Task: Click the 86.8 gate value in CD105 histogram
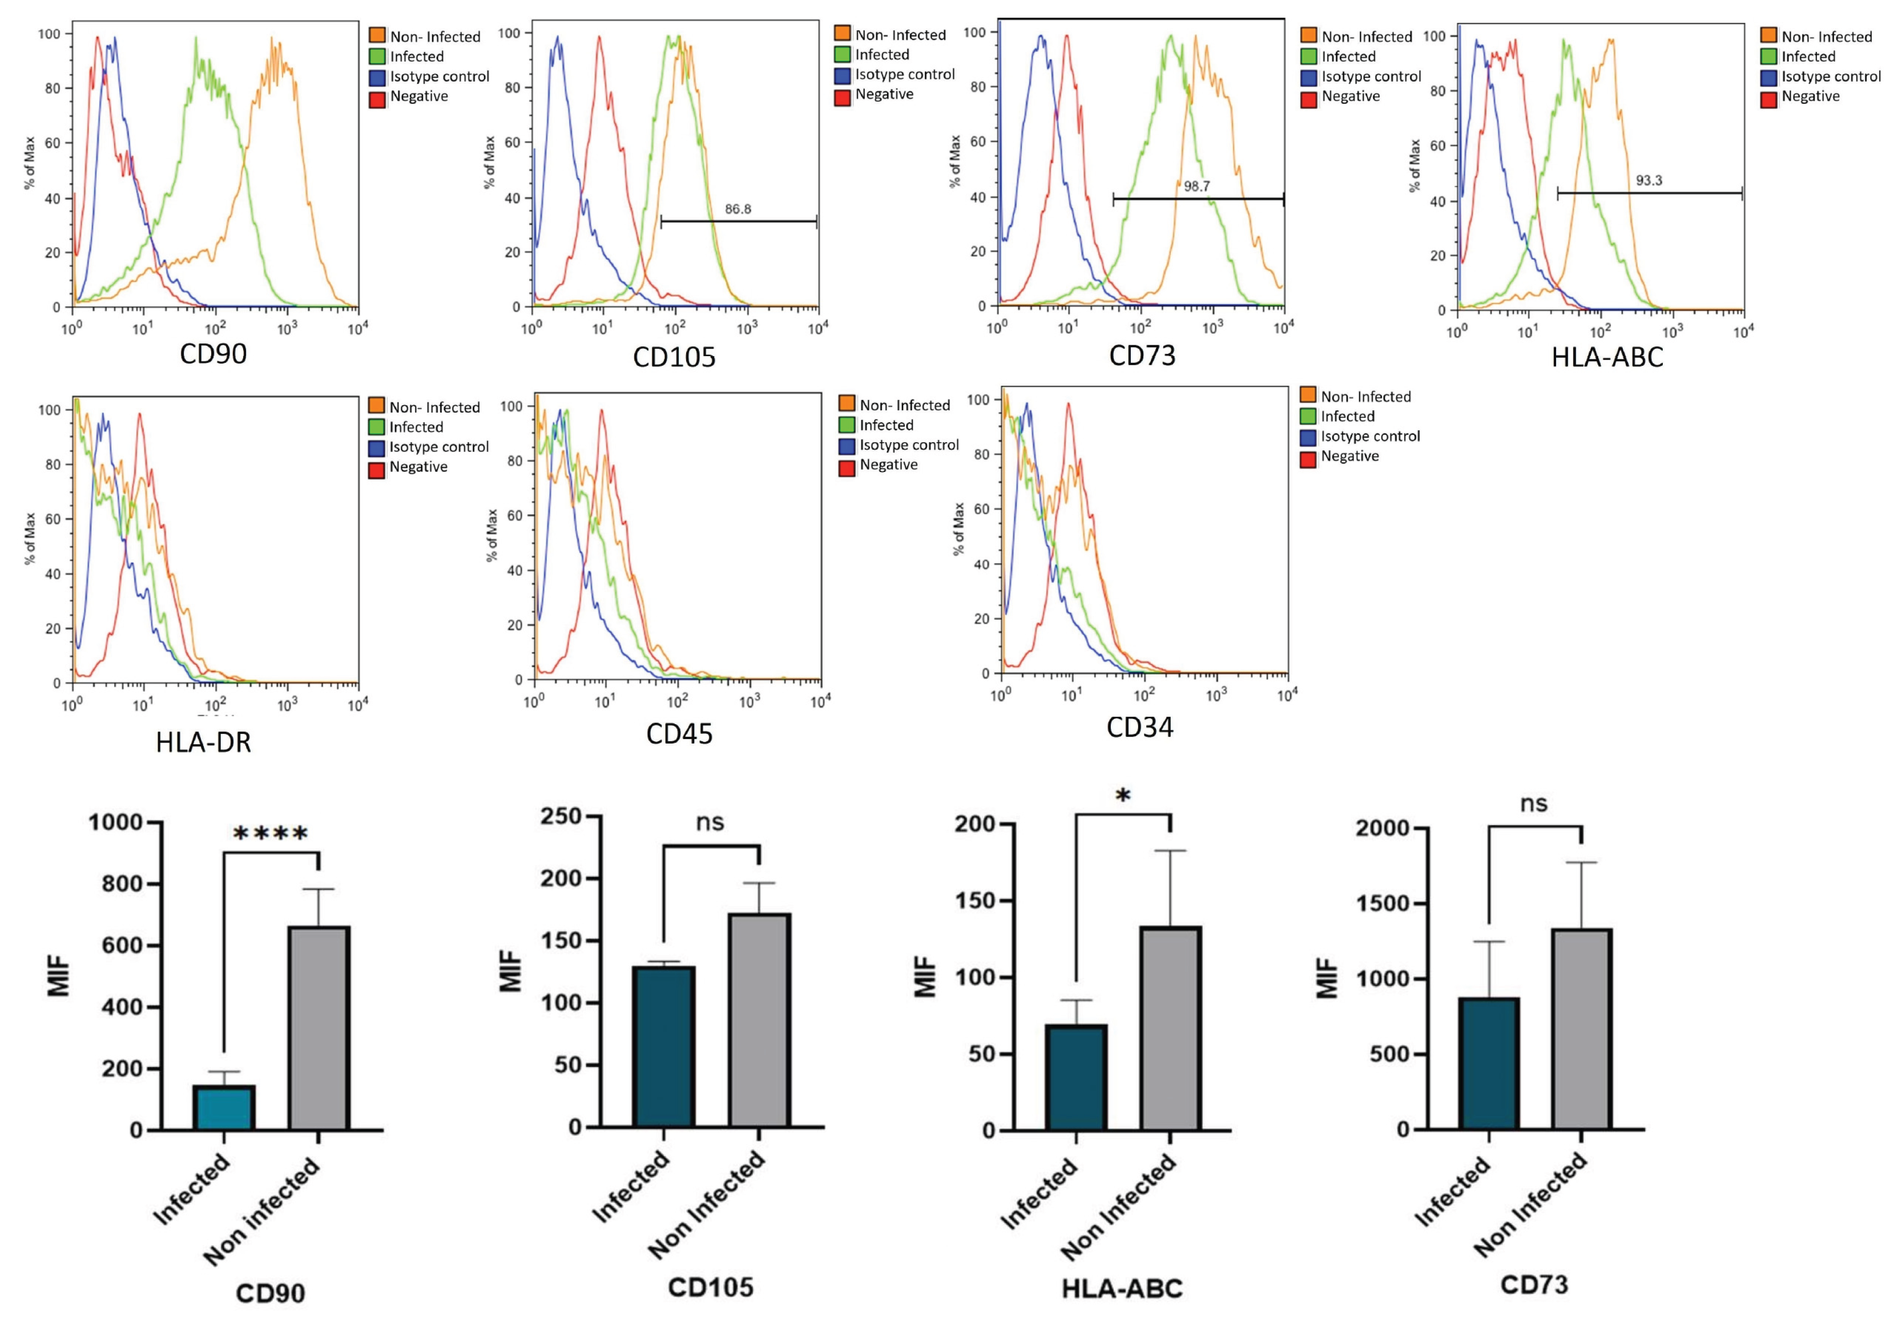coord(738,209)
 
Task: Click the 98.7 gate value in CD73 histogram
coord(1196,186)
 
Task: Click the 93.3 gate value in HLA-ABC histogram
coord(1649,180)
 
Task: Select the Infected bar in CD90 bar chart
coord(224,1107)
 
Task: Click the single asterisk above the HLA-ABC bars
coord(1122,797)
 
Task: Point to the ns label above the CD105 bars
coord(710,822)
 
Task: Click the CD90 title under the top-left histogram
coord(213,354)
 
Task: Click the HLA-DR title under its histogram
coord(203,742)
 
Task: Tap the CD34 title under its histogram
coord(1140,727)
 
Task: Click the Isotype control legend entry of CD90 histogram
coord(439,76)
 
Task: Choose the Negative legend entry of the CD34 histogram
coord(1349,457)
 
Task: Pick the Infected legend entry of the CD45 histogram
coord(885,425)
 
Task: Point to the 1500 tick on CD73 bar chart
coord(1382,903)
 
